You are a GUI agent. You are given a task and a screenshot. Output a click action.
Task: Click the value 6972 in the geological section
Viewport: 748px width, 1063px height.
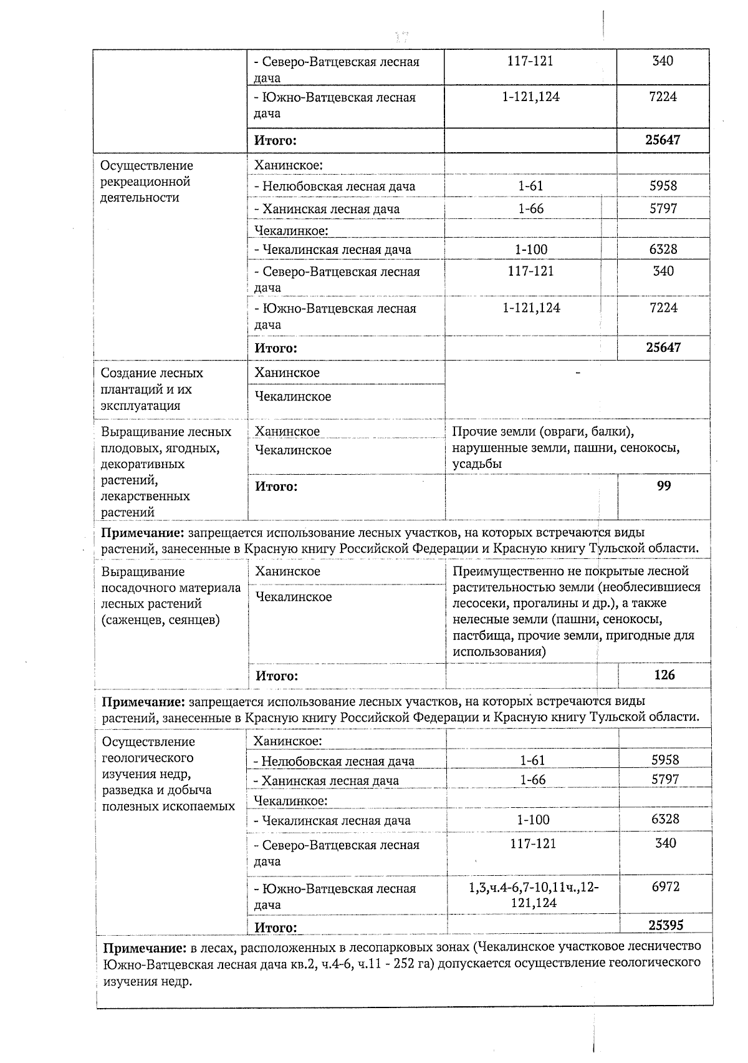tap(665, 886)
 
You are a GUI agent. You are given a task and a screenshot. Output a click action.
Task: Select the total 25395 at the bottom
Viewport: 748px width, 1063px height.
tap(665, 925)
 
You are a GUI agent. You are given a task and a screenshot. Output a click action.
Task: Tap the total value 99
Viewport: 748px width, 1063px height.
tap(664, 486)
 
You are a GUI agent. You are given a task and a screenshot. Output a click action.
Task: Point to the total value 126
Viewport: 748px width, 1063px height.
tap(664, 675)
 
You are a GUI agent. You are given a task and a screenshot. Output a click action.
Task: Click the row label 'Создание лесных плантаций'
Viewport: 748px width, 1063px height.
tap(151, 389)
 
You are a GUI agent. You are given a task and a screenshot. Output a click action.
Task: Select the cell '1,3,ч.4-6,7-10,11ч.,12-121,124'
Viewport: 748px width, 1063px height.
tap(534, 895)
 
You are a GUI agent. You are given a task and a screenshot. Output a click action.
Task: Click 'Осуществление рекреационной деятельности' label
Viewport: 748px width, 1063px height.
tap(146, 182)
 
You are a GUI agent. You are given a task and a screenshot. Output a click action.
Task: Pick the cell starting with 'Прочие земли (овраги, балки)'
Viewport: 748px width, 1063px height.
tap(565, 447)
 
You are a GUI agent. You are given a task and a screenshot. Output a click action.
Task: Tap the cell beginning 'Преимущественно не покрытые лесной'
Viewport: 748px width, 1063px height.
tap(577, 611)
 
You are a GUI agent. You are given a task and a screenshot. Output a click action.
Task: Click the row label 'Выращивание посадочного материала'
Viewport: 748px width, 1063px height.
tap(171, 596)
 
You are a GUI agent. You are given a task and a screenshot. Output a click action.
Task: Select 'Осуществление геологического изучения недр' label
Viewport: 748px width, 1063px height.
tap(167, 774)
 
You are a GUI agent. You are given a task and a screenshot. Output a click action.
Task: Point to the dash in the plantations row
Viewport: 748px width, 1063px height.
tap(578, 373)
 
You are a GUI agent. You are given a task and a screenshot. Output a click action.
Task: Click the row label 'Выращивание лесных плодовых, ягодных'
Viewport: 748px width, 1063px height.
tap(166, 472)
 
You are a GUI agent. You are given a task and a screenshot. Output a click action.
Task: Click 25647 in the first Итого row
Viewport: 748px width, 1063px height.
tap(663, 140)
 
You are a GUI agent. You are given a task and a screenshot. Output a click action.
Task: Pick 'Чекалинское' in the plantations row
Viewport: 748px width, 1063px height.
tap(293, 397)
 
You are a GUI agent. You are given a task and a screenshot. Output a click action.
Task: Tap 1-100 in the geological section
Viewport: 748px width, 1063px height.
tap(533, 820)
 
